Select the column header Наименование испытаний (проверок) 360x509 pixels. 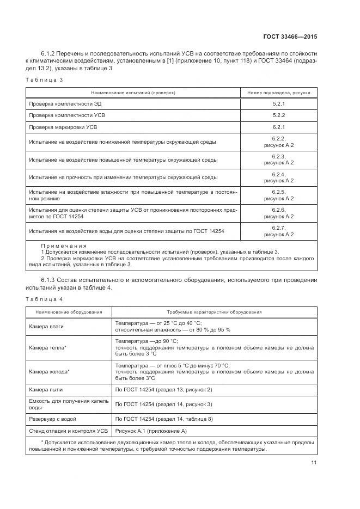coord(133,93)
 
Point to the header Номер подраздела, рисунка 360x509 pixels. coord(278,93)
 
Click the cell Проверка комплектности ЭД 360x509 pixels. coord(65,103)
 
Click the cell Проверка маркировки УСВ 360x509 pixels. coord(63,127)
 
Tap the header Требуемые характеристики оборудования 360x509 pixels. coord(213,312)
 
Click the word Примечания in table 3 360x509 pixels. coord(64,246)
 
